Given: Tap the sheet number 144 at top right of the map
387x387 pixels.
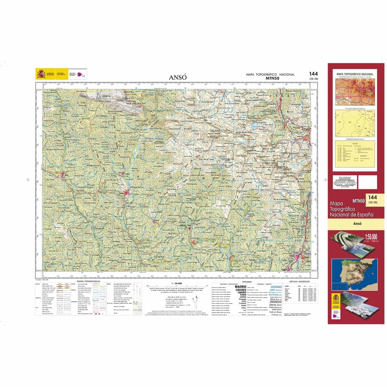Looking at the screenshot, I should click(313, 74).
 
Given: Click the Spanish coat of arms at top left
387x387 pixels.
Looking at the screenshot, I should click(41, 74).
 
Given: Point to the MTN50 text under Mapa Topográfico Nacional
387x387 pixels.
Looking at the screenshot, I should click(272, 78).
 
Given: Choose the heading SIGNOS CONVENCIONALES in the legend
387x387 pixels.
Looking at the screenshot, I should click(88, 281).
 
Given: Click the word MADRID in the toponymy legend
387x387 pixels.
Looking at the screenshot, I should click(240, 286).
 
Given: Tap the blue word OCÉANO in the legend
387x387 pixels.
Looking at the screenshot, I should click(276, 286).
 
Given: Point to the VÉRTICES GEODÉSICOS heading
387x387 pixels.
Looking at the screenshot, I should click(299, 282).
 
